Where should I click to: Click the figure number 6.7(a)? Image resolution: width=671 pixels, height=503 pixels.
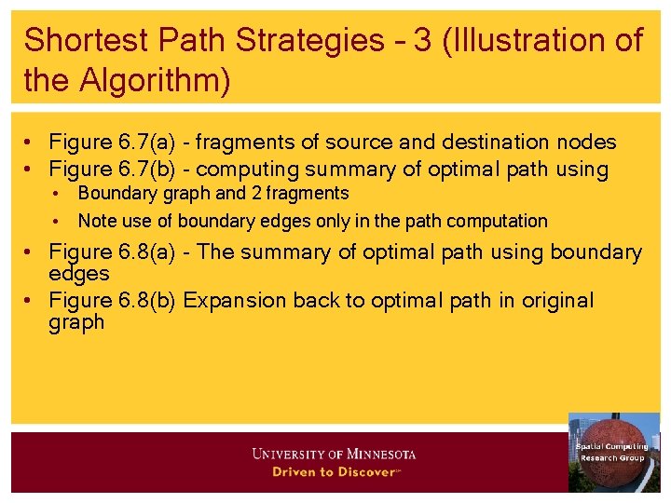tap(149, 143)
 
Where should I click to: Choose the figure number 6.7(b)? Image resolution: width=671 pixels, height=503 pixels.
tap(149, 170)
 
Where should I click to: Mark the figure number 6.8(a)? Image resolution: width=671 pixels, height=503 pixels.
tap(149, 252)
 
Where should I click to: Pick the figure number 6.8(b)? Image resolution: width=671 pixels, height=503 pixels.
tap(149, 301)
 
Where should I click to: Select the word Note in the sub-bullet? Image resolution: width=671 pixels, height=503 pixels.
tap(97, 221)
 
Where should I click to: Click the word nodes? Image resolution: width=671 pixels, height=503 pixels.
tap(589, 143)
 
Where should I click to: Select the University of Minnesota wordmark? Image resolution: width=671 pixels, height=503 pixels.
tap(334, 455)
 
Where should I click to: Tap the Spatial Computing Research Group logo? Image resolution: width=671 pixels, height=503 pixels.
tap(613, 452)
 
